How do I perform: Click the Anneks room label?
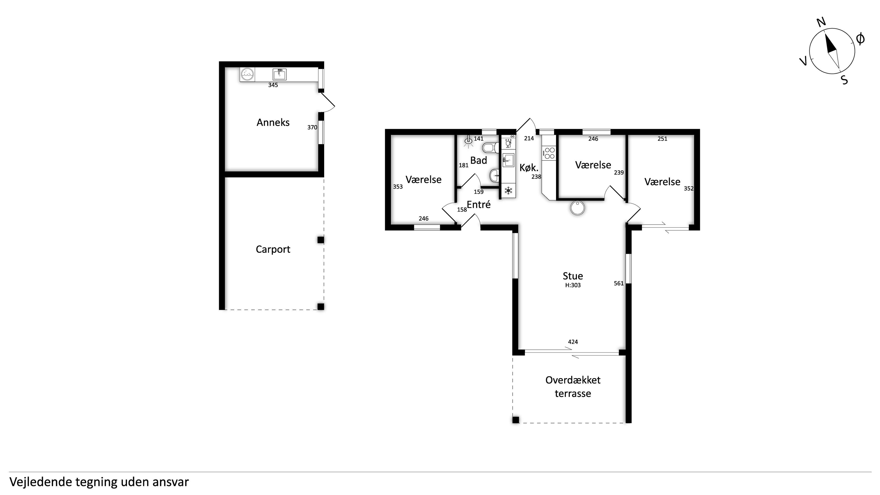[x=273, y=122]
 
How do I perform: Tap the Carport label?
[x=273, y=249]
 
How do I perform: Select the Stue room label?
[x=573, y=276]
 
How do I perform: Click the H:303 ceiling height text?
[x=573, y=285]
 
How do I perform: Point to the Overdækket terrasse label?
[x=573, y=387]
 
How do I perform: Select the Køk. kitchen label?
[x=529, y=168]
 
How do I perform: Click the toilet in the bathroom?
[x=490, y=148]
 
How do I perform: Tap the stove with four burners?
[x=550, y=153]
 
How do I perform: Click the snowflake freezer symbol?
[x=508, y=190]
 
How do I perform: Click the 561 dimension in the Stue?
[x=619, y=283]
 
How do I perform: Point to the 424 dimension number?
[x=573, y=342]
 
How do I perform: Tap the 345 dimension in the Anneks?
[x=273, y=85]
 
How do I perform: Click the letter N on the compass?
[x=821, y=22]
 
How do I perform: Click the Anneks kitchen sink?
[x=280, y=74]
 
